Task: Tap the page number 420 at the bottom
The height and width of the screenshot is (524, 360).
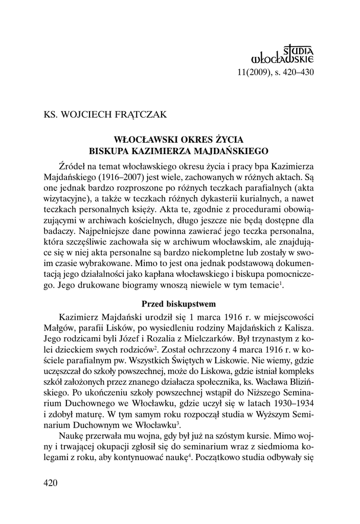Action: tap(51, 483)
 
